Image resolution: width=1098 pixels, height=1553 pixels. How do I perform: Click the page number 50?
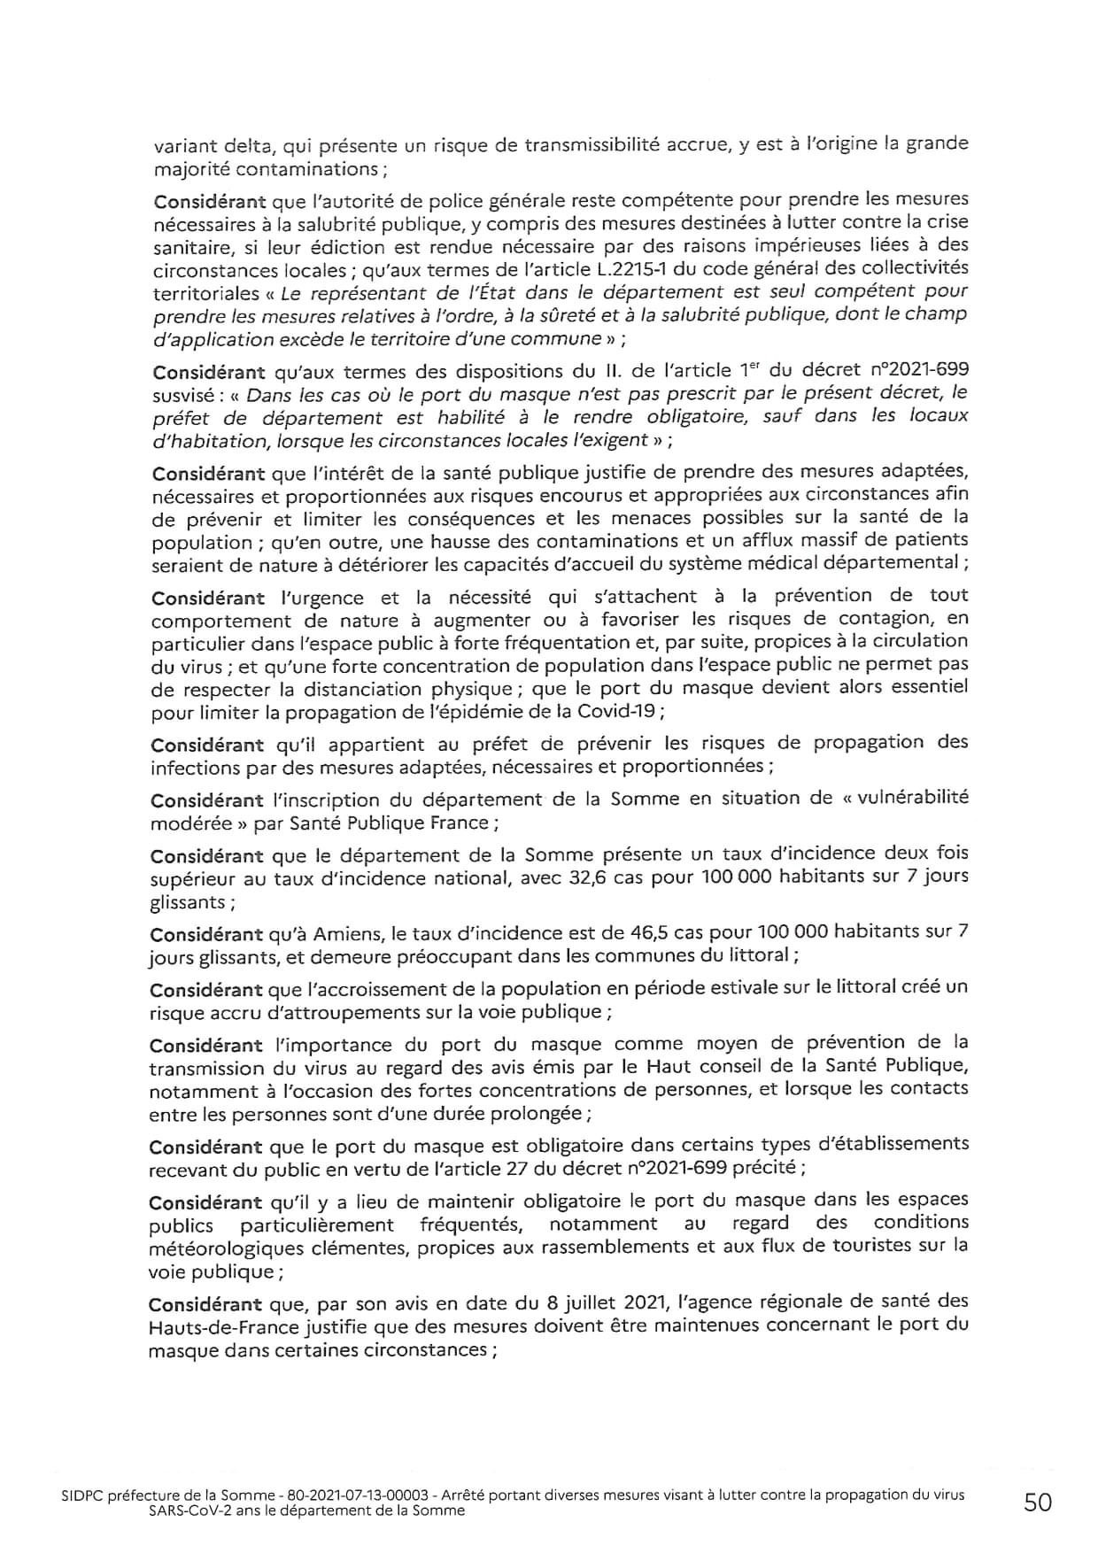pos(1038,1503)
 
